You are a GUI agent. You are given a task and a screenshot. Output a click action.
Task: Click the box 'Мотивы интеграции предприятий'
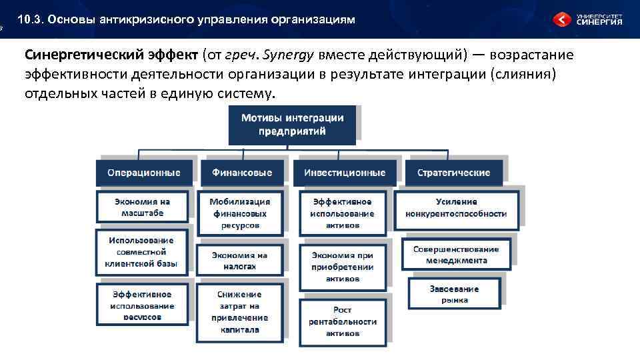tap(292, 125)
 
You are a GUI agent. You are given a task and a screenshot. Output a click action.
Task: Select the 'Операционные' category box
tap(144, 173)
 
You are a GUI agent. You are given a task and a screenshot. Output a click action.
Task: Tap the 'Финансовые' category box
tap(242, 173)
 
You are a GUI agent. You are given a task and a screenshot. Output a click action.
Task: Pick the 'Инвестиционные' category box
tap(345, 173)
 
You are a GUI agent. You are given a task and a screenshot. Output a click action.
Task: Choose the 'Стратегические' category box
tap(453, 173)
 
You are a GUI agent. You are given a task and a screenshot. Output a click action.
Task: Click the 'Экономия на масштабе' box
tap(142, 207)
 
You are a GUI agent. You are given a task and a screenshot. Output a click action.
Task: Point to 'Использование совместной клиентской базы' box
tap(141, 252)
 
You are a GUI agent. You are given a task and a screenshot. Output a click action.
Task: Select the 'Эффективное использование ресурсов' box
tap(142, 305)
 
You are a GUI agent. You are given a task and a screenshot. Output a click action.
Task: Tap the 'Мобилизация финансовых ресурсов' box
tap(240, 213)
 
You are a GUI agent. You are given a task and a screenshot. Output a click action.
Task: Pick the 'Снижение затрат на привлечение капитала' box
tap(239, 311)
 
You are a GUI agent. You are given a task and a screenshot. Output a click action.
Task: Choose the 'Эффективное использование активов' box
tap(343, 213)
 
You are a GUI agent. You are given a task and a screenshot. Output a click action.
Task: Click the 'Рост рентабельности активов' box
tap(343, 321)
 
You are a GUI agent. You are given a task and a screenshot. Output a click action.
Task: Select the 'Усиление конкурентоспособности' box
tap(456, 207)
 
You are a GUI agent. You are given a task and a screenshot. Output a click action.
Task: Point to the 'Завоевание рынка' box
tap(454, 294)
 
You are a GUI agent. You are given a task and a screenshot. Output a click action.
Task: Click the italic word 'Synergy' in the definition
tap(291, 54)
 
